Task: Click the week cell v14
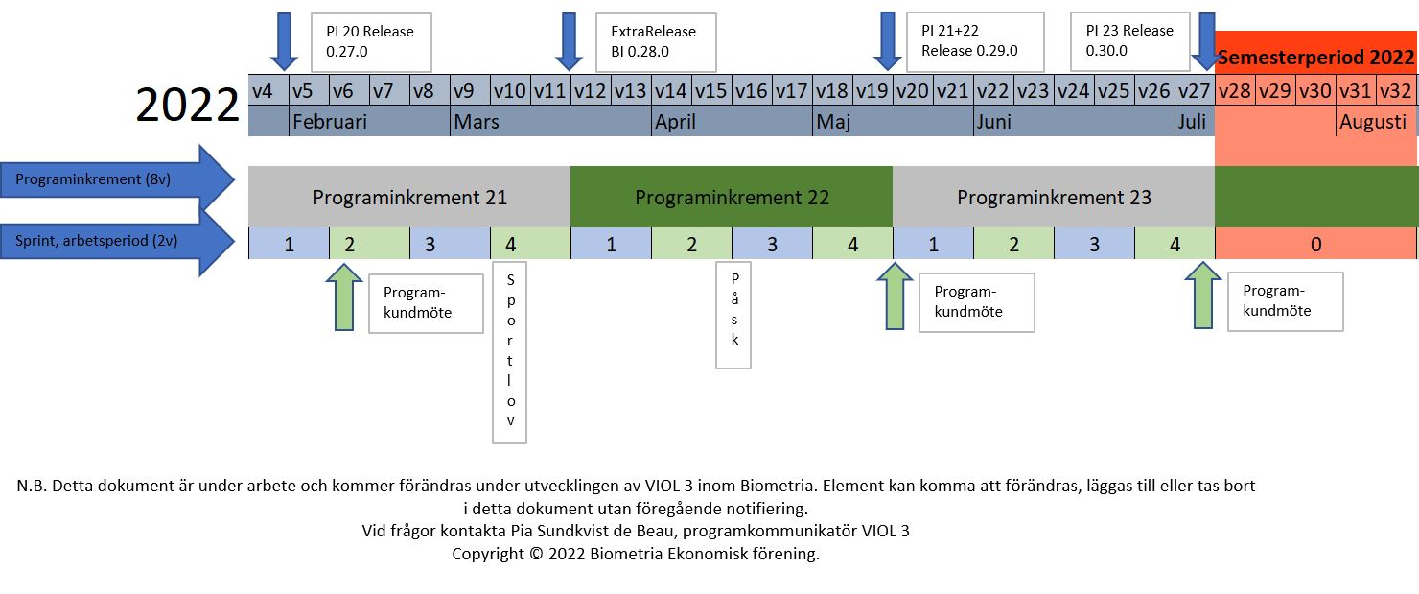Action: pyautogui.click(x=670, y=91)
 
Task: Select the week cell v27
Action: pyautogui.click(x=1194, y=91)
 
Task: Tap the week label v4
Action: pyautogui.click(x=263, y=91)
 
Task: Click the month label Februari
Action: pyautogui.click(x=330, y=122)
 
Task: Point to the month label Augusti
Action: pyautogui.click(x=1373, y=122)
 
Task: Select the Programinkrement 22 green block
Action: pyautogui.click(x=732, y=199)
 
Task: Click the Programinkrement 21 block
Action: pyautogui.click(x=409, y=199)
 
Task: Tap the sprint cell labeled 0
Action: pyautogui.click(x=1315, y=245)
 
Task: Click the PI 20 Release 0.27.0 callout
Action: pyautogui.click(x=371, y=41)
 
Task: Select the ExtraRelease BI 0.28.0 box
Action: pyautogui.click(x=656, y=41)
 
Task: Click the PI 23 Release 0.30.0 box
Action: pyautogui.click(x=1129, y=41)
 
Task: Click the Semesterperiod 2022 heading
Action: pyautogui.click(x=1315, y=58)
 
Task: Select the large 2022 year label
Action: pyautogui.click(x=187, y=106)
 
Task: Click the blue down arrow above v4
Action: pyautogui.click(x=284, y=40)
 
